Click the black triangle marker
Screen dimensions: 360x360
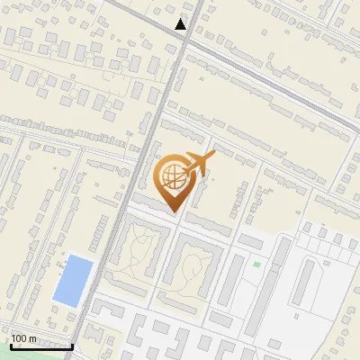[x=181, y=24]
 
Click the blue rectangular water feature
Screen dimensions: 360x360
[x=73, y=279]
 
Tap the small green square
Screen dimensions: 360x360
[x=256, y=265]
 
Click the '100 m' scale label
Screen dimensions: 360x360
[x=23, y=337]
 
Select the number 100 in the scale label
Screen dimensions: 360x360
[x=20, y=337]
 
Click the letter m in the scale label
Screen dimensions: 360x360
[x=32, y=337]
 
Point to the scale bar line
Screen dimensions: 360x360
[x=40, y=346]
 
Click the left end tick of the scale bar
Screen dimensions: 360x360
[x=10, y=343]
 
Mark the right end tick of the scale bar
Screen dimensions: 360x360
[x=72, y=343]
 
